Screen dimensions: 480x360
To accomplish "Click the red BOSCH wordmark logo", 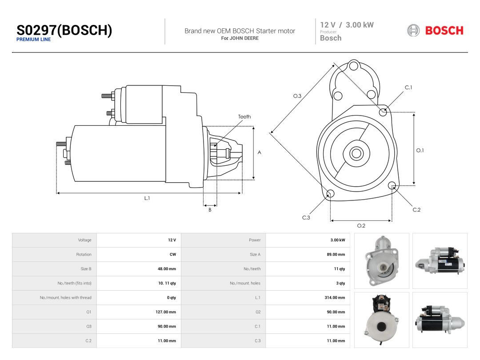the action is point(444,31).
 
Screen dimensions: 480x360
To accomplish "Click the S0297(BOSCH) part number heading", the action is point(64,30).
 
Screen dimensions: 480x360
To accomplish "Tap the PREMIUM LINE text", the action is point(34,40).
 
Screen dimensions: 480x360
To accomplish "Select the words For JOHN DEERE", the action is point(240,38).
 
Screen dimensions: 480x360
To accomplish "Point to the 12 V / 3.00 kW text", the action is point(347,25).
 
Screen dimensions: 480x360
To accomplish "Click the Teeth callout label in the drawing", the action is point(244,116).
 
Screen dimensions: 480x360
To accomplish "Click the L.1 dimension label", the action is point(147,198).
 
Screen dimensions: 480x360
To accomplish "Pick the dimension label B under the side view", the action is point(210,210).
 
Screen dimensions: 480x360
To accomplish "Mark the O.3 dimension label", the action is point(297,96).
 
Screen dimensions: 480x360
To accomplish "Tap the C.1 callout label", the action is point(408,88).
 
